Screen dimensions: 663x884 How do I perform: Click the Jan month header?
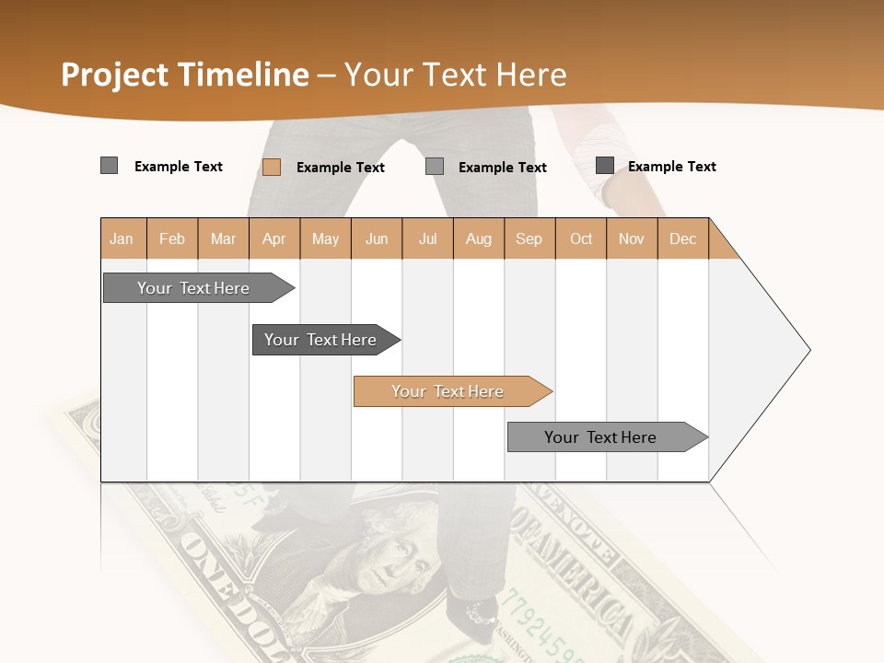click(122, 238)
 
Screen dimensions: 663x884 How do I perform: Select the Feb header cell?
click(172, 238)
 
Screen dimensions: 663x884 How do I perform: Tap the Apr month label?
click(273, 238)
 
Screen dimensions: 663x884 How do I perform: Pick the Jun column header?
click(377, 238)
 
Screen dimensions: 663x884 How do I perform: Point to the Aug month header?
click(478, 238)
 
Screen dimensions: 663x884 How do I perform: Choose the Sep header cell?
click(529, 238)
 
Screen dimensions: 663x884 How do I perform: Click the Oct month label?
click(581, 238)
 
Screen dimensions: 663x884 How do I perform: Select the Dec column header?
click(682, 238)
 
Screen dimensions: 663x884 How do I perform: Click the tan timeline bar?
click(448, 391)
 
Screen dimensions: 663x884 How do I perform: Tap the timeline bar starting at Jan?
click(193, 288)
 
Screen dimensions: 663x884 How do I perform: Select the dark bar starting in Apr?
click(320, 340)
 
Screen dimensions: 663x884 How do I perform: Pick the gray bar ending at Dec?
click(600, 437)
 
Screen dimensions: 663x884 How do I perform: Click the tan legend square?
click(272, 167)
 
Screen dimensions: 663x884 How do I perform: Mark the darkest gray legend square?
click(605, 166)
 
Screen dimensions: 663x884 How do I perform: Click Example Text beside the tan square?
click(340, 168)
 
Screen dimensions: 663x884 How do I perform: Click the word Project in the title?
click(114, 75)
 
